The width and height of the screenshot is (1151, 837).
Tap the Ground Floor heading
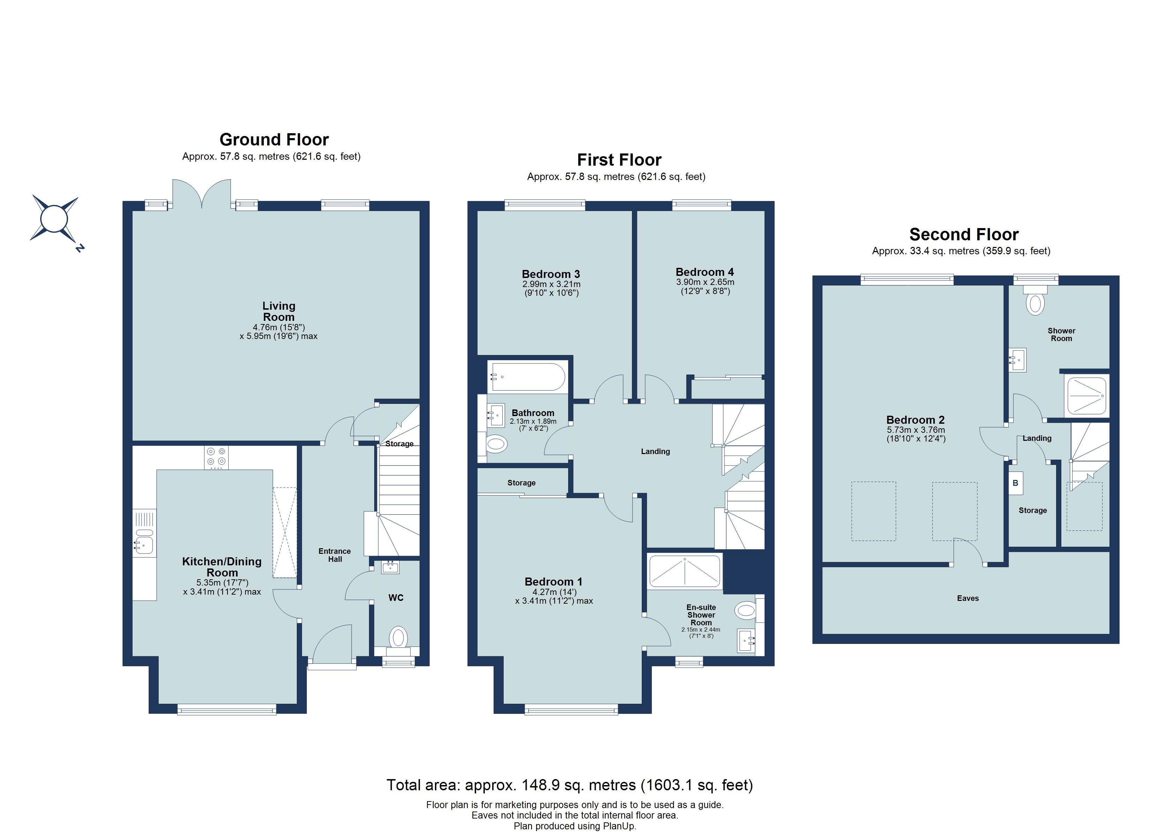click(274, 139)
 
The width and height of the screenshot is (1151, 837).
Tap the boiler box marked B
click(1016, 483)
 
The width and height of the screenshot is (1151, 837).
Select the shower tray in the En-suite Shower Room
click(685, 572)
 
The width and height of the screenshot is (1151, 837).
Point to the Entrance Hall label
click(334, 555)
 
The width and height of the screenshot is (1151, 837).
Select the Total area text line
click(570, 785)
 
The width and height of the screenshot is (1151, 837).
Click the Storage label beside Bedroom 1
click(521, 483)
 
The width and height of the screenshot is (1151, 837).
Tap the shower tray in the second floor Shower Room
click(1086, 395)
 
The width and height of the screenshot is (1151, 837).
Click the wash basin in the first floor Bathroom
click(496, 415)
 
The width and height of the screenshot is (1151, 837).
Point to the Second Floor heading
click(964, 234)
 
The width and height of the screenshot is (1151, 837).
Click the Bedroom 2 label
click(915, 420)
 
